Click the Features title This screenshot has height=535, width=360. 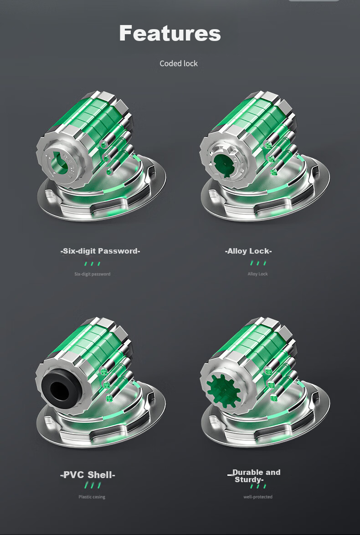pos(170,33)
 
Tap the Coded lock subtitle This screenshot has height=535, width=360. pos(179,63)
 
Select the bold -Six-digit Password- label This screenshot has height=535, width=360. pos(100,251)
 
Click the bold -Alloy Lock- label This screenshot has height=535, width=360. pos(248,251)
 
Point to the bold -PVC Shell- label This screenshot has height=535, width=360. pos(88,474)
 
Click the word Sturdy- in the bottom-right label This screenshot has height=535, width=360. pos(249,480)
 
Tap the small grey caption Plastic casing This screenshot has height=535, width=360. pos(92,497)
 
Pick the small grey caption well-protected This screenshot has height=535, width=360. pos(258,497)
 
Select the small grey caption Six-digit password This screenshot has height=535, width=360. pos(92,274)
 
